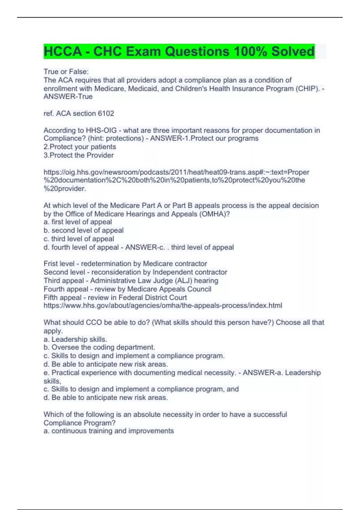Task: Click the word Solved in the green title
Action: click(292, 51)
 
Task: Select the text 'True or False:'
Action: click(66, 72)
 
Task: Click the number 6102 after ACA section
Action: click(106, 113)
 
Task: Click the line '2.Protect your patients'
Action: click(79, 147)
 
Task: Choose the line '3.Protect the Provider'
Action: click(79, 155)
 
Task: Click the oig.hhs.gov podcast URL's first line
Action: click(176, 172)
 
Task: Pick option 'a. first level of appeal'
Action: click(78, 222)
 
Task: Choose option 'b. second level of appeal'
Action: click(83, 230)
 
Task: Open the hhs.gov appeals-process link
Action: click(163, 305)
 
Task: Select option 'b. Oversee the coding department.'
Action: click(99, 347)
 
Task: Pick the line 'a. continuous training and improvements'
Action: click(109, 431)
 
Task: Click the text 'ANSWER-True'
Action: click(68, 97)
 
